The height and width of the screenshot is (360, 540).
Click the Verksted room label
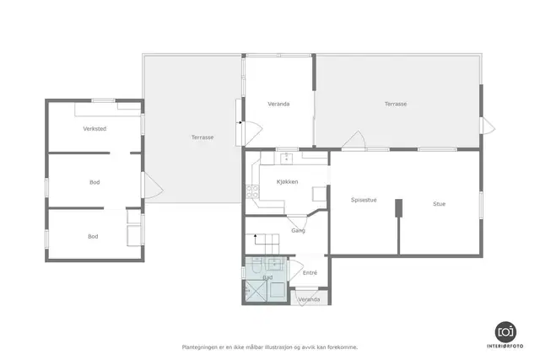tap(94, 129)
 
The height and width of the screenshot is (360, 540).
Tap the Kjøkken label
tap(287, 182)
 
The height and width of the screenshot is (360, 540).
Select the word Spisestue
tap(364, 200)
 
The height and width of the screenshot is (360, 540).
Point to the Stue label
tap(439, 204)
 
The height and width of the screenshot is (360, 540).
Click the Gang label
tap(298, 231)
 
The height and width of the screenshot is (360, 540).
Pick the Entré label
tap(310, 272)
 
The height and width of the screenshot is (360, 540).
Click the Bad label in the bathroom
tap(267, 277)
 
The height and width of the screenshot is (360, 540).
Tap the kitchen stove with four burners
tap(252, 191)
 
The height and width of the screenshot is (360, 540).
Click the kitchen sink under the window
tap(287, 158)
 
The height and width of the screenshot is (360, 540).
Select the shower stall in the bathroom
tap(255, 292)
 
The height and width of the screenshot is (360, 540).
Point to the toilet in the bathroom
tap(256, 265)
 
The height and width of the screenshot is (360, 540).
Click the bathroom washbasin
tap(275, 264)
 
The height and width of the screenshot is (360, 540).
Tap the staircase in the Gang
tap(267, 244)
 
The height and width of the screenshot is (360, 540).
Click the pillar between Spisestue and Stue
tap(398, 208)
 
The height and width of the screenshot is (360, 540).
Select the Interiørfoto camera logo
tap(505, 332)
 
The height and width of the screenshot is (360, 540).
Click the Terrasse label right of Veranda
tap(396, 104)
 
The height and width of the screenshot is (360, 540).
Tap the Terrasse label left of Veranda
tap(202, 137)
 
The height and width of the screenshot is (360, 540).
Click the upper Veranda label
tap(278, 104)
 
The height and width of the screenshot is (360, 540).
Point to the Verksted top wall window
tap(103, 100)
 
